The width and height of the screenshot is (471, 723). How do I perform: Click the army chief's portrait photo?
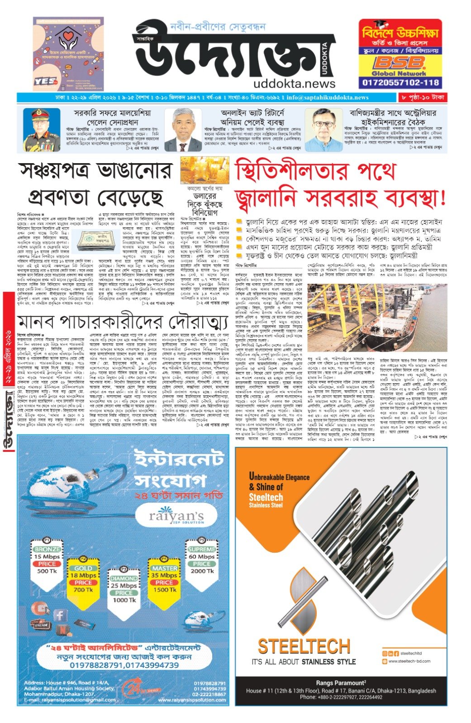[x=41, y=130]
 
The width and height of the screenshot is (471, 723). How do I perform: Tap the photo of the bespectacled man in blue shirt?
[x=323, y=130]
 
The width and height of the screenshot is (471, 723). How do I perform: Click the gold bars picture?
[x=198, y=170]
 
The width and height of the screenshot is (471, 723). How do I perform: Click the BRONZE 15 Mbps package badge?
[x=48, y=560]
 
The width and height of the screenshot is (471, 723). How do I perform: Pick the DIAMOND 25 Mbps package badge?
[x=124, y=585]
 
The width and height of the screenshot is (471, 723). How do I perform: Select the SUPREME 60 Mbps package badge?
[x=202, y=560]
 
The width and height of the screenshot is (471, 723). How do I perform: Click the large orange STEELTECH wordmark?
[x=304, y=647]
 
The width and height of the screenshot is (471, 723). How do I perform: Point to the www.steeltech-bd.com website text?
[x=409, y=661]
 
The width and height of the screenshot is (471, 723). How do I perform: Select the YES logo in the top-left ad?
[x=46, y=82]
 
